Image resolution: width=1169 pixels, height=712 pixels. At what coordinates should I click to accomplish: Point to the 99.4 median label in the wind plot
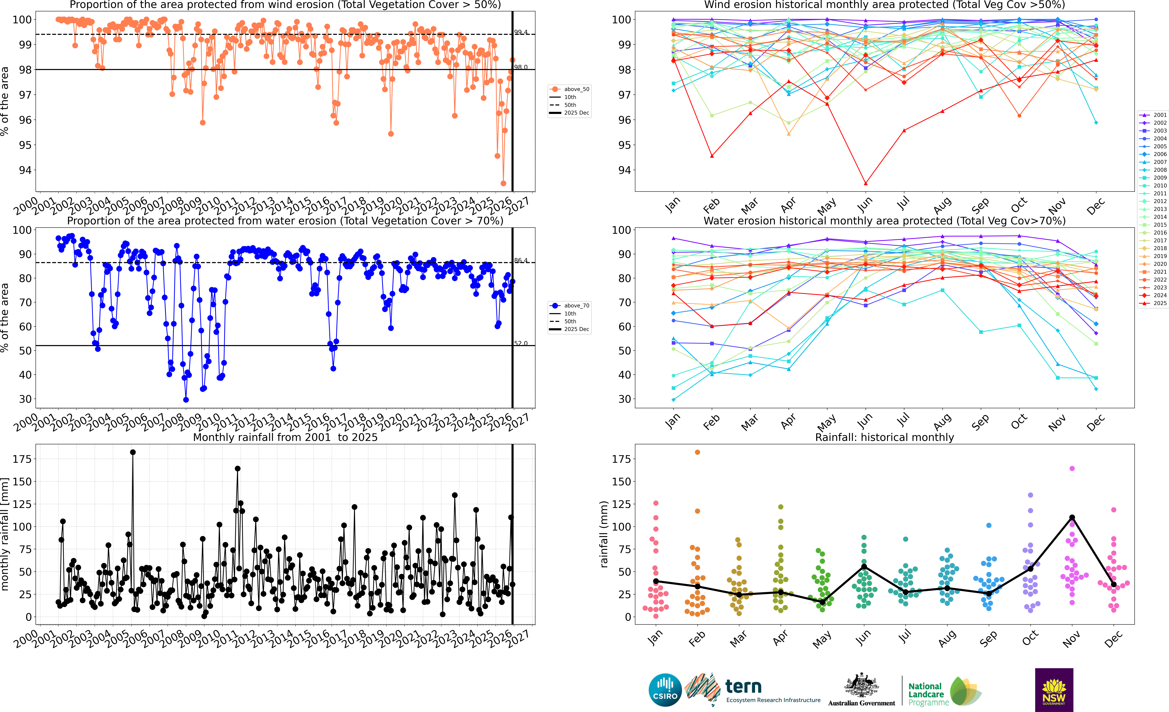click(x=520, y=32)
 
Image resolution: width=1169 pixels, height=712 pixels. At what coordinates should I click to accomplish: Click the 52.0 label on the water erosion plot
click(x=520, y=343)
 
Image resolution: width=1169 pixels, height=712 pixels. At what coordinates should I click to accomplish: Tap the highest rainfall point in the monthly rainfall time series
click(x=133, y=452)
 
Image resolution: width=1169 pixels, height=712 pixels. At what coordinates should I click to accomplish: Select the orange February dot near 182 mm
click(x=697, y=452)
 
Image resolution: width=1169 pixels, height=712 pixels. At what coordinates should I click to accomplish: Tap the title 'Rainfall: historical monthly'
click(x=884, y=437)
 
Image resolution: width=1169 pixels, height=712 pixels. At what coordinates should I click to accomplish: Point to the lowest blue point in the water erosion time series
click(x=186, y=400)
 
